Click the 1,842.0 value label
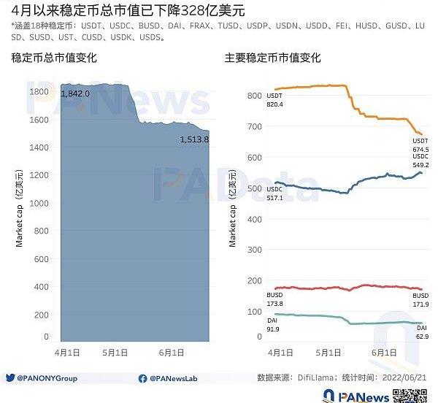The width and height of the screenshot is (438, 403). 76,94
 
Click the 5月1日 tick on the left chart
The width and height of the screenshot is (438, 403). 117,353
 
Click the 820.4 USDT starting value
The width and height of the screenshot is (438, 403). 275,105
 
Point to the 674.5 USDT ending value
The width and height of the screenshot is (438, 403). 420,150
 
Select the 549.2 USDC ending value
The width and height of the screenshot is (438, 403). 420,166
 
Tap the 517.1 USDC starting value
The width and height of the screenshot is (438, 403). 274,199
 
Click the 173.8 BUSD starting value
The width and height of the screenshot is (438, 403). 275,304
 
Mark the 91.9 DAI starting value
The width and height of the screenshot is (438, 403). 274,330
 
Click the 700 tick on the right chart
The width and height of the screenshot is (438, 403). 254,127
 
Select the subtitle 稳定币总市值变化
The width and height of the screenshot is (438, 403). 54,58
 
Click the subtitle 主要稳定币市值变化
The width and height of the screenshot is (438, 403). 272,58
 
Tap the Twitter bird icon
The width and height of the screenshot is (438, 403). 10,378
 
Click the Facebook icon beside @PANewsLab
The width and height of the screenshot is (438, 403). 142,378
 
